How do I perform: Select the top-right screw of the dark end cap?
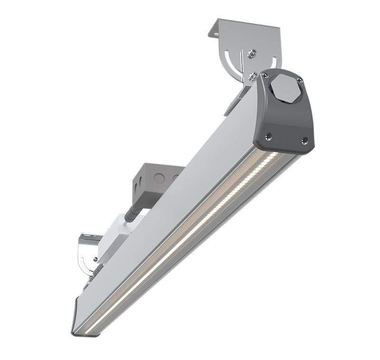click(x=299, y=79)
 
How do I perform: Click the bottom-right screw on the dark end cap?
click(x=304, y=140)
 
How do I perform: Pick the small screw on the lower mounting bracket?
click(x=96, y=259)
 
